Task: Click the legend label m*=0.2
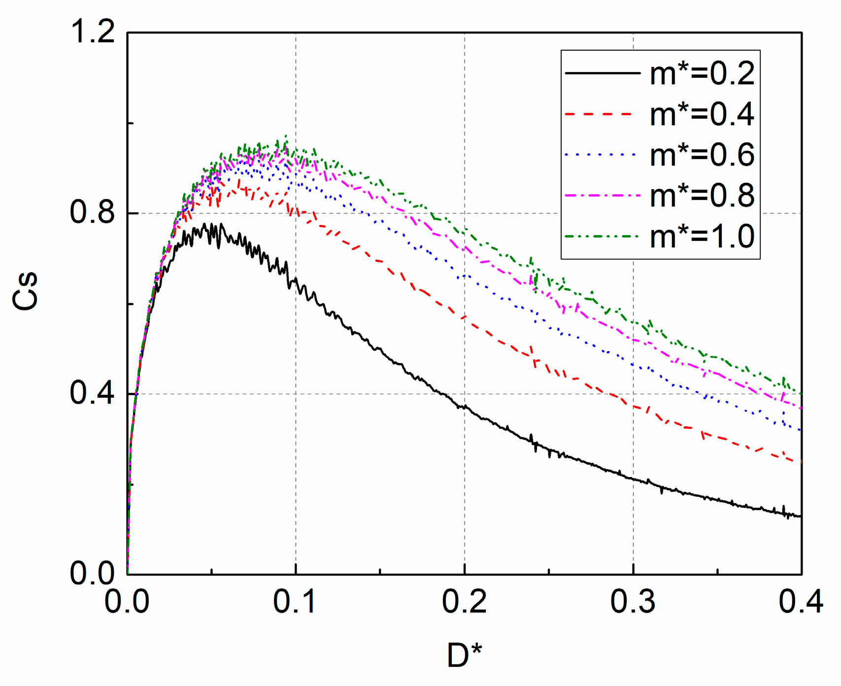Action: point(702,74)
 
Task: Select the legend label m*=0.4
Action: point(702,114)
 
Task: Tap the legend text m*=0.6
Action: point(702,155)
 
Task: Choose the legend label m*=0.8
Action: point(702,195)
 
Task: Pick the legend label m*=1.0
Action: point(702,236)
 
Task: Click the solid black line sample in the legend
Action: point(602,73)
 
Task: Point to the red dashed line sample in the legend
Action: point(602,114)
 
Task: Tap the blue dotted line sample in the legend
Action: point(602,155)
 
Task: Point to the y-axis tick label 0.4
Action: point(92,393)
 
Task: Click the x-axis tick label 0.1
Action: point(295,602)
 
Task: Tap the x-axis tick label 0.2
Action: point(464,602)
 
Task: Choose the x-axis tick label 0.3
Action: point(633,602)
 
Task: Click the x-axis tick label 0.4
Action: point(801,602)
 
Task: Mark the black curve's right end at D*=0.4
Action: point(801,516)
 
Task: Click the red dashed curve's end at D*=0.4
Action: point(801,461)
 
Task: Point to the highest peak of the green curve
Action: point(285,136)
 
